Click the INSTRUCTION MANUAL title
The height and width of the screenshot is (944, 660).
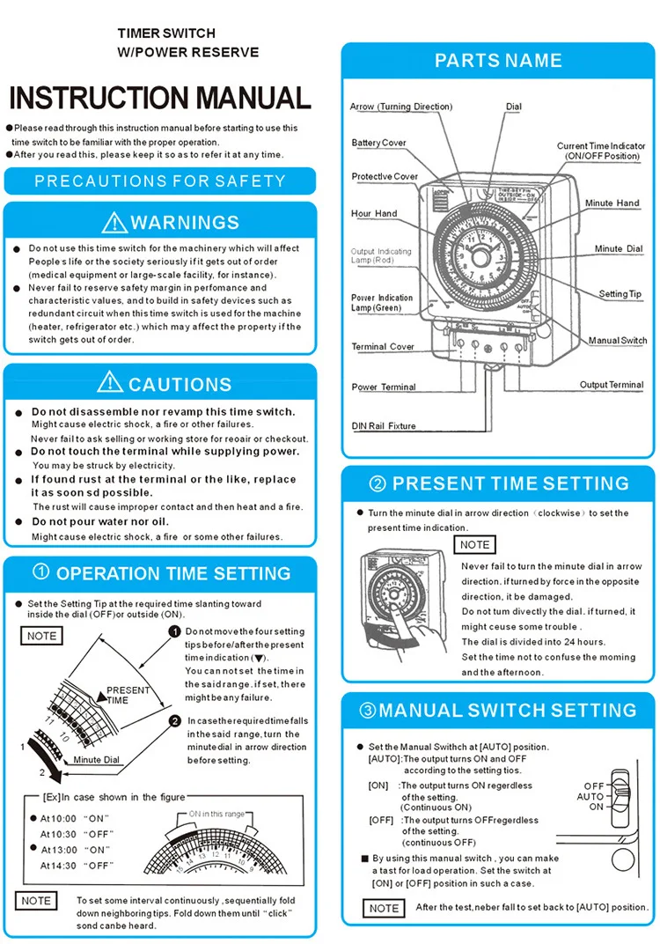[159, 97]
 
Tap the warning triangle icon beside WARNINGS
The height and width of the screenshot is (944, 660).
[114, 222]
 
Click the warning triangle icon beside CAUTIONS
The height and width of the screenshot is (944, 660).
[110, 382]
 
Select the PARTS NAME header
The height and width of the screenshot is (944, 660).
[498, 61]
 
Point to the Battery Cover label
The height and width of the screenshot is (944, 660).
[378, 143]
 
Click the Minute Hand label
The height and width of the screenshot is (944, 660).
[612, 203]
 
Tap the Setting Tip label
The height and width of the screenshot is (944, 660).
[626, 294]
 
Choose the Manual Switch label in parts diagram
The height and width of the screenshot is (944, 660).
[617, 340]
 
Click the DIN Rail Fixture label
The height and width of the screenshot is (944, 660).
[384, 426]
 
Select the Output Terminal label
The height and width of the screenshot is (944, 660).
[611, 385]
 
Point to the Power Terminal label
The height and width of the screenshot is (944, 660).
[384, 387]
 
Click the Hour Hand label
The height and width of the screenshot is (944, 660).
[374, 213]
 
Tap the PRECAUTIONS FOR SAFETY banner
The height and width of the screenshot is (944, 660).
[159, 181]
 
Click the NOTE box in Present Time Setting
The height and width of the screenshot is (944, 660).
[474, 545]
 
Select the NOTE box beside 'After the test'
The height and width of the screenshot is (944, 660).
[384, 908]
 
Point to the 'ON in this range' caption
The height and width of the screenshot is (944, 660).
[216, 815]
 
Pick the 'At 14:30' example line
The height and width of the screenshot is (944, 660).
[77, 866]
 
